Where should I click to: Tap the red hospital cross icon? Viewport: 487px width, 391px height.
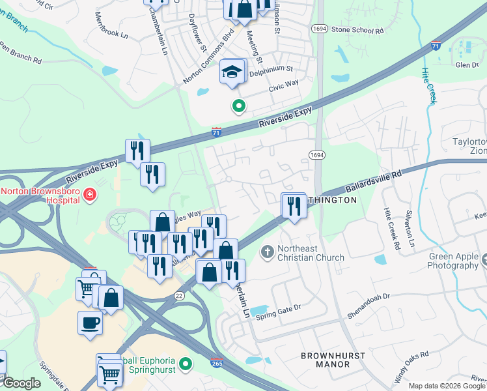click(90, 194)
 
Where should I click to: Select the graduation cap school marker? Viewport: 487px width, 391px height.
click(231, 72)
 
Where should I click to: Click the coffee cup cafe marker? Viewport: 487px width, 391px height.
click(90, 323)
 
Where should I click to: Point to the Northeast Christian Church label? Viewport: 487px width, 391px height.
click(311, 252)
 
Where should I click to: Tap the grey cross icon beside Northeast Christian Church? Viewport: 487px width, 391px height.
click(267, 251)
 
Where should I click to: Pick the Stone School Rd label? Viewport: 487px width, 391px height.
click(357, 30)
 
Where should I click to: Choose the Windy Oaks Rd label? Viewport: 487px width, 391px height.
click(411, 367)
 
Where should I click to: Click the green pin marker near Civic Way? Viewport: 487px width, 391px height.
click(239, 105)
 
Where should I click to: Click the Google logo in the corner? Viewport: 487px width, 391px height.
click(21, 383)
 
